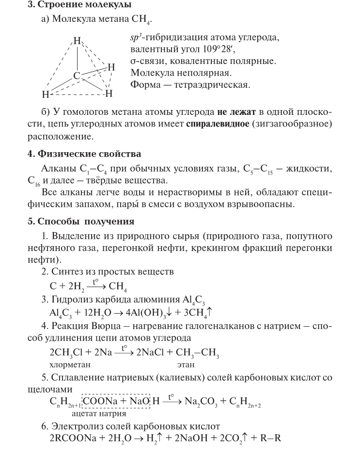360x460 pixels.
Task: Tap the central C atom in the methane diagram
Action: pyautogui.click(x=76, y=75)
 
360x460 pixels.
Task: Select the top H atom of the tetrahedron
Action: pyautogui.click(x=76, y=41)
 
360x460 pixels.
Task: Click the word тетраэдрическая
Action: pyautogui.click(x=211, y=85)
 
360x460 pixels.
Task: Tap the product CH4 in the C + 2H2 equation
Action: pyautogui.click(x=118, y=286)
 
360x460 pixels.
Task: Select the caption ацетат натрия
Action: pyautogui.click(x=99, y=413)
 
